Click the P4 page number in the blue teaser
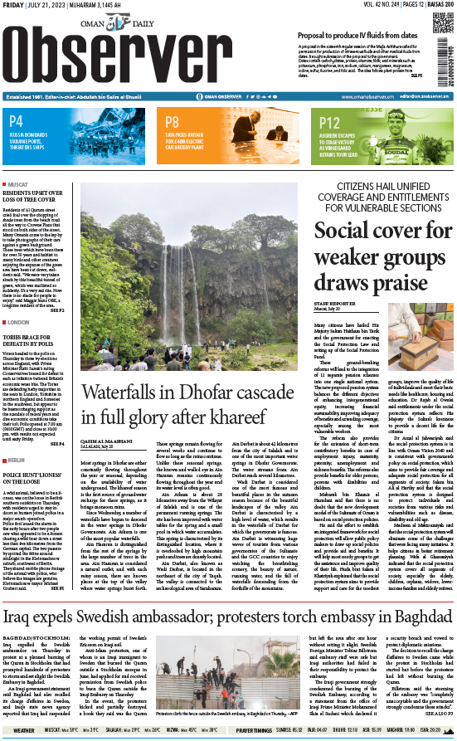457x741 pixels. click(x=16, y=120)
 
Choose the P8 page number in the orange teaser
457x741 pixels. click(x=173, y=120)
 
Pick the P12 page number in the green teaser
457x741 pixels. click(x=330, y=120)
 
